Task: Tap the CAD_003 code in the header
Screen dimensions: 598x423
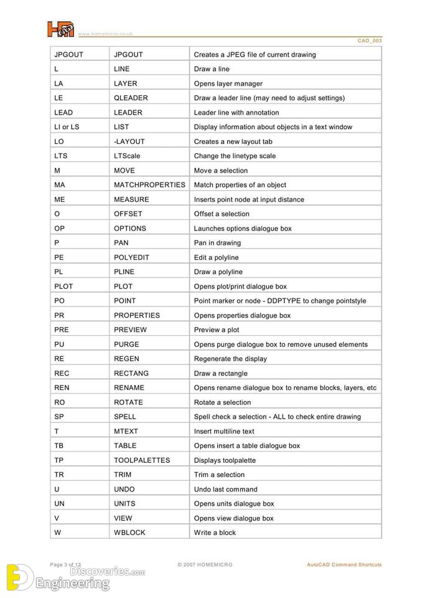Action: coord(370,40)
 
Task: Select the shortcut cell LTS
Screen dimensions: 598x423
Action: coord(60,156)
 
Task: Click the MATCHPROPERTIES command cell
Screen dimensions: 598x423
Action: coord(149,185)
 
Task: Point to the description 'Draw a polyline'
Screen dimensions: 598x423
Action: coord(218,272)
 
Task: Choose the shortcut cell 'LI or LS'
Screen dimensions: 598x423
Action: coord(67,127)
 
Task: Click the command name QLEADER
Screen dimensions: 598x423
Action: coord(131,98)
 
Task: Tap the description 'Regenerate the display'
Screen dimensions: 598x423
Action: coord(230,359)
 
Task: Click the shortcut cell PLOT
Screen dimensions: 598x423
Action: coord(63,287)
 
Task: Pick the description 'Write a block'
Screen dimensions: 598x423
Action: coord(215,533)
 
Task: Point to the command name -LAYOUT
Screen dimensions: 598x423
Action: coord(129,141)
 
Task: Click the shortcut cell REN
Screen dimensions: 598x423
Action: coord(62,388)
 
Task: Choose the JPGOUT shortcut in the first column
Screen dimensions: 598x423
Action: coord(68,55)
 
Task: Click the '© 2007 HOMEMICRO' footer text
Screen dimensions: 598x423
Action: coord(205,564)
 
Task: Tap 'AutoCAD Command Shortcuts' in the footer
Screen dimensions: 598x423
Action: coord(344,564)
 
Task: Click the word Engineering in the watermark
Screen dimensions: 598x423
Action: coord(72,584)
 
